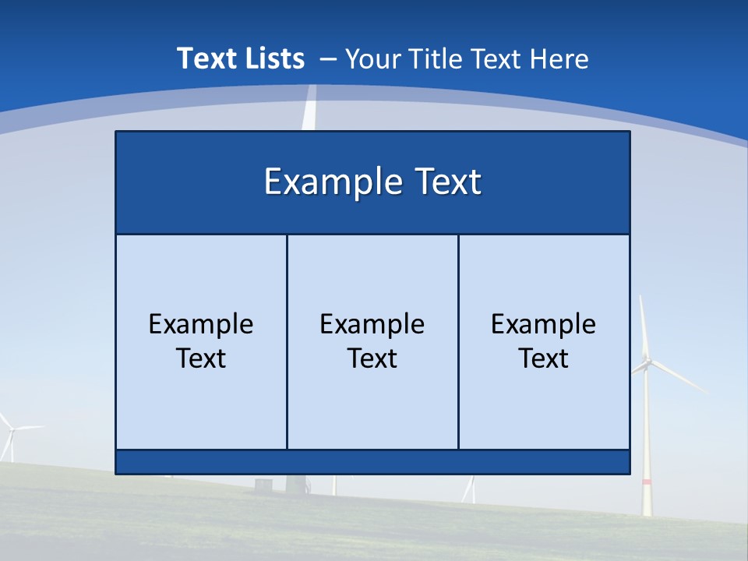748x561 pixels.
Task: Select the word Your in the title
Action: coord(371,58)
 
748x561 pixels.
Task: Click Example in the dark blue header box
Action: coord(330,182)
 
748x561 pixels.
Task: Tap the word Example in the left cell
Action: coord(201,324)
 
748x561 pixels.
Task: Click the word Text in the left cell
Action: coord(201,358)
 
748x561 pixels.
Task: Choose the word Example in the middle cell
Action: coord(372,324)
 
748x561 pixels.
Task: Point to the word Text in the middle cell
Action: coord(372,358)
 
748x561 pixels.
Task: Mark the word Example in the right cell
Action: coord(543,324)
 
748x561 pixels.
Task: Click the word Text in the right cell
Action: coord(543,358)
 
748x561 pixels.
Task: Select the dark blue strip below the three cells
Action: coord(372,462)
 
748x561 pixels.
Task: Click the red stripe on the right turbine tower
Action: coord(647,483)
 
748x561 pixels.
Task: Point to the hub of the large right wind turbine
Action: coord(647,360)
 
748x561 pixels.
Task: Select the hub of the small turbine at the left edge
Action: coord(12,429)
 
